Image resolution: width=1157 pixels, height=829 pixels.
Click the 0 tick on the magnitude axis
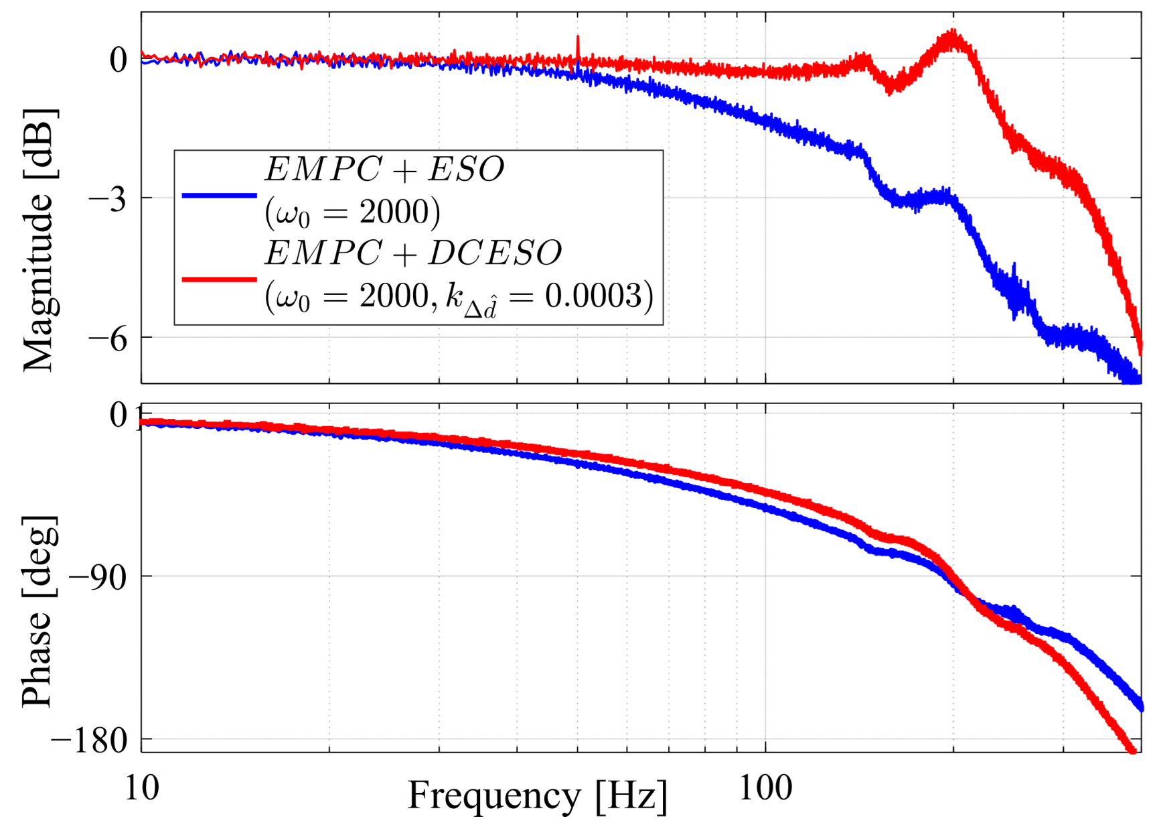tap(119, 60)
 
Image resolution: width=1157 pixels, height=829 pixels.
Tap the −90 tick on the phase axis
tap(98, 576)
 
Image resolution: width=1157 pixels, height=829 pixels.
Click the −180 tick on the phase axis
tap(90, 741)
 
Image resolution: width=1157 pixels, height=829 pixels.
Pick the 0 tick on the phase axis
tap(119, 415)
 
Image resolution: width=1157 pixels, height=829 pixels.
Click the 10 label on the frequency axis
tap(142, 787)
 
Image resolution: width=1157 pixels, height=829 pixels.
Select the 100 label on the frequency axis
tap(765, 787)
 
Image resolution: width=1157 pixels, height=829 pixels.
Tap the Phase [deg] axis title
tap(38, 611)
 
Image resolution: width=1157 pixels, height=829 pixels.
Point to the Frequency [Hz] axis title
tap(538, 797)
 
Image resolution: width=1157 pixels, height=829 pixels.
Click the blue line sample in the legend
tap(219, 196)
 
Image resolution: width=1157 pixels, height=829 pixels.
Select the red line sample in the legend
tap(219, 279)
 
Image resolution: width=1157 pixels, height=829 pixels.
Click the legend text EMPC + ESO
tap(384, 169)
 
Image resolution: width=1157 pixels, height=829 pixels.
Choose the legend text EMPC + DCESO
tap(413, 253)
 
